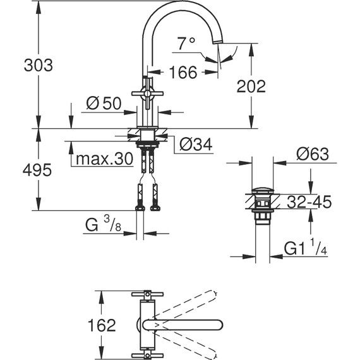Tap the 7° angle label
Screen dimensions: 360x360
[x=186, y=44]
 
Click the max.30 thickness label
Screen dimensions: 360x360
[x=104, y=159]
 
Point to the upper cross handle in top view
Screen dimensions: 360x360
[x=147, y=296]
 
